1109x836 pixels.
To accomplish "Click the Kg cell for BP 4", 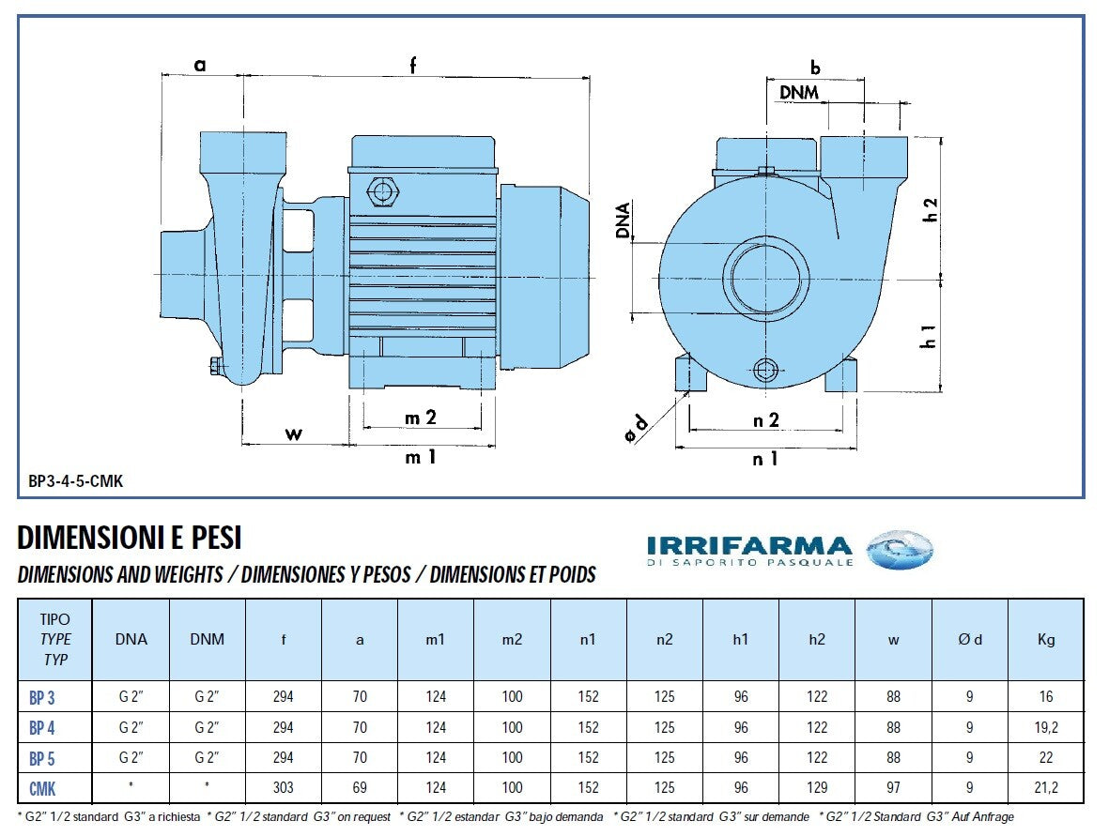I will tap(1045, 727).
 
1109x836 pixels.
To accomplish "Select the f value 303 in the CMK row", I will tap(283, 787).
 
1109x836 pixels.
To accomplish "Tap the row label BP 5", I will tap(42, 757).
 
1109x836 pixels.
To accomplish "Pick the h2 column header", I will tap(817, 640).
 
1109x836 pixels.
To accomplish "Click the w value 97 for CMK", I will tap(893, 787).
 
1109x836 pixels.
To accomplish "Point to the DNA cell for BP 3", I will tap(131, 697).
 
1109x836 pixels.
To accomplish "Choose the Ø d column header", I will tap(969, 640).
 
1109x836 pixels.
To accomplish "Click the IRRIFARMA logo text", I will tap(748, 545).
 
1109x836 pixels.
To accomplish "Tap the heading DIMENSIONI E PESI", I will tap(130, 538).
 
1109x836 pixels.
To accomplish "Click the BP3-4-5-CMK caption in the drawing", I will tap(76, 481).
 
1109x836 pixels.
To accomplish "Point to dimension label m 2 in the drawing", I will tap(421, 418).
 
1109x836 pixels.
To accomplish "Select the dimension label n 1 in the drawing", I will tap(765, 459).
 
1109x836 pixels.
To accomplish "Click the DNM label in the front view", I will tap(799, 92).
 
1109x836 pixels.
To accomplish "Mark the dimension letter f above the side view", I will tap(412, 64).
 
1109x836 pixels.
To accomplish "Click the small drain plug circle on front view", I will tap(765, 370).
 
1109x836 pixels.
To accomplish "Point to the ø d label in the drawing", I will tap(638, 427).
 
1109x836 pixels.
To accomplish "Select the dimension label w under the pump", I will tap(294, 433).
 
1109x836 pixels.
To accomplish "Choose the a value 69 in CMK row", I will tap(360, 787).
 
